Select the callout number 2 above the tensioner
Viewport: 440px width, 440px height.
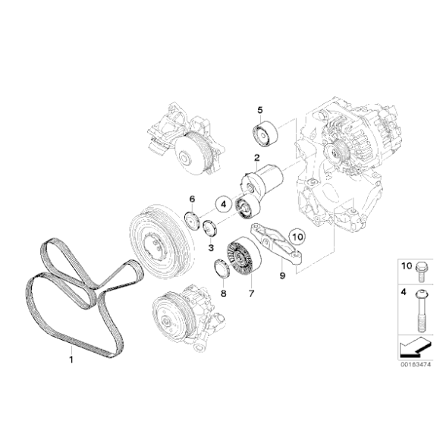coord(257,159)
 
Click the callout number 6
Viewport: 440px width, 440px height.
coord(193,199)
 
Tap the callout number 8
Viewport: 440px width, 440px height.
coord(223,292)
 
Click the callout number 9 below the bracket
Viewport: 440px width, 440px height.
coord(281,275)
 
